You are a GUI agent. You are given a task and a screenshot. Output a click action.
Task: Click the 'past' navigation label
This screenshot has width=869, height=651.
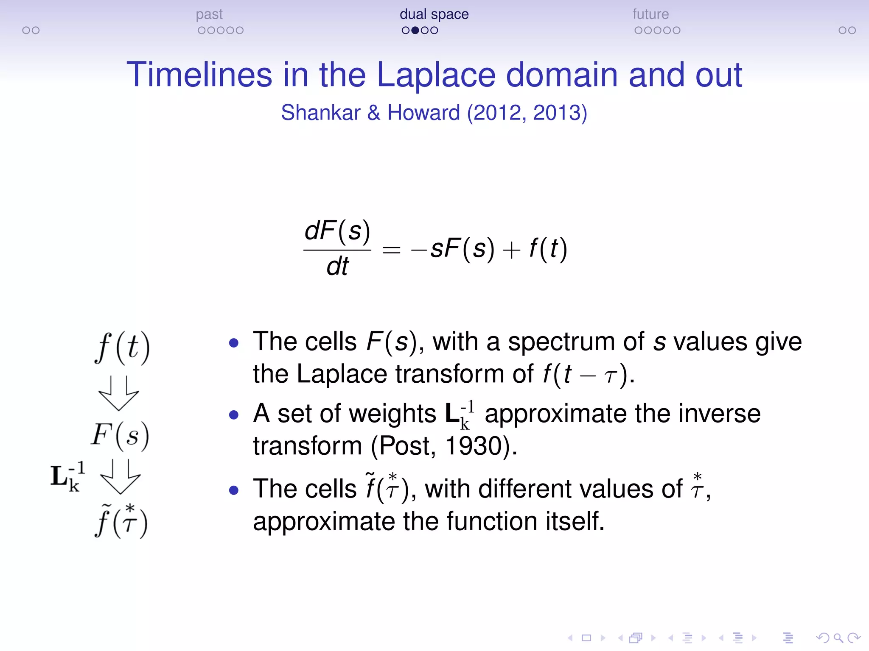coord(209,14)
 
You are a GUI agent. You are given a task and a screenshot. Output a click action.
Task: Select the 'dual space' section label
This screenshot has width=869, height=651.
coord(434,14)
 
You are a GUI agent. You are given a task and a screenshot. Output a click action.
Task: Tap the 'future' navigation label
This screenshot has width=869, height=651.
coord(650,14)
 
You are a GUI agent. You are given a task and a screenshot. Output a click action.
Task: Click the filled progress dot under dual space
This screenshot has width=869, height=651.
coord(415,31)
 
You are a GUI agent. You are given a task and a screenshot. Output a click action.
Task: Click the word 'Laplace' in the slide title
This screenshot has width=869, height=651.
coord(436,75)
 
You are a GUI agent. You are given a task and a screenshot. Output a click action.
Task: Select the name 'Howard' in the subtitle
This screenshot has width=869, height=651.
coord(423,113)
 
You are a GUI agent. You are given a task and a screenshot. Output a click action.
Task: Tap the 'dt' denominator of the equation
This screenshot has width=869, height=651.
coord(337,267)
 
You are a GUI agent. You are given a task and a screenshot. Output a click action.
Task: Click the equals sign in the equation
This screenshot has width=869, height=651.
coord(391,250)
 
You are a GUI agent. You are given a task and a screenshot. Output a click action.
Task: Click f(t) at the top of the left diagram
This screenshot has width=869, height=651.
coord(122,348)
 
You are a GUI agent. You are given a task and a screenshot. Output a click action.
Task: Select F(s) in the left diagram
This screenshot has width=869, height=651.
coord(121,436)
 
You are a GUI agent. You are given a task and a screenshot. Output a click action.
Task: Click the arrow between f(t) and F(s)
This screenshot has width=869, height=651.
coord(119,393)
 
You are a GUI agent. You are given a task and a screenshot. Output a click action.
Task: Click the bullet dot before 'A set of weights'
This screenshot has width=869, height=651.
coord(234,414)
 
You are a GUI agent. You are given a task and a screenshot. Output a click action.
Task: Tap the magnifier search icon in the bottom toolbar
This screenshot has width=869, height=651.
coord(838,637)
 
